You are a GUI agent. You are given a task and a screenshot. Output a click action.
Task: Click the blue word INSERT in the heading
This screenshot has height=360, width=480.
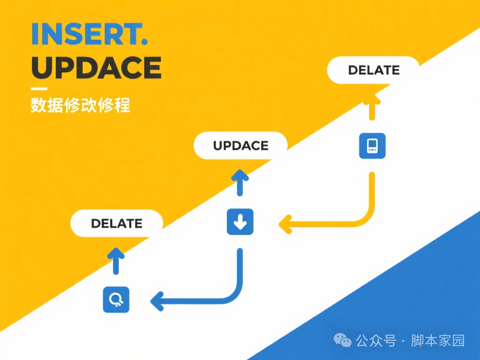84,34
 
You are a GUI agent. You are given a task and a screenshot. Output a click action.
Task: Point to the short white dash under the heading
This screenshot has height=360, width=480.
38,89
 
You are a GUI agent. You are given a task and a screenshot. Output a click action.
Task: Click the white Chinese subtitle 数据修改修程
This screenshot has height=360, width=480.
80,105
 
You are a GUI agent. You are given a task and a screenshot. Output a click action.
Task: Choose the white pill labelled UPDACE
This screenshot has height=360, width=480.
240,145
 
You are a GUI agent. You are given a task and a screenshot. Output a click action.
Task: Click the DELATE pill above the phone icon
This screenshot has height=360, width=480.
374,70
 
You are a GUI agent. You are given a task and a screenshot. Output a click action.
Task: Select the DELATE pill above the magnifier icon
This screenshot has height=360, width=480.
116,223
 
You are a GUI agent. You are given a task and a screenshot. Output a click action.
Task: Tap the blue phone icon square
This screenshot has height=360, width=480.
372,145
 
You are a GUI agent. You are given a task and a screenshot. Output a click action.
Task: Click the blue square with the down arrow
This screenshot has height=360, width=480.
240,222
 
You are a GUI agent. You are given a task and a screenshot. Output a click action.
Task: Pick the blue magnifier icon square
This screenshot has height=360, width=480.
116,299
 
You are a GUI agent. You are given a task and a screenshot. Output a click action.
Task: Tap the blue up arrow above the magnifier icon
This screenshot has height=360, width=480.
116,260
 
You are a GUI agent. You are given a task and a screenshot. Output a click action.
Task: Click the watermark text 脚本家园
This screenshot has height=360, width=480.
438,341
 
